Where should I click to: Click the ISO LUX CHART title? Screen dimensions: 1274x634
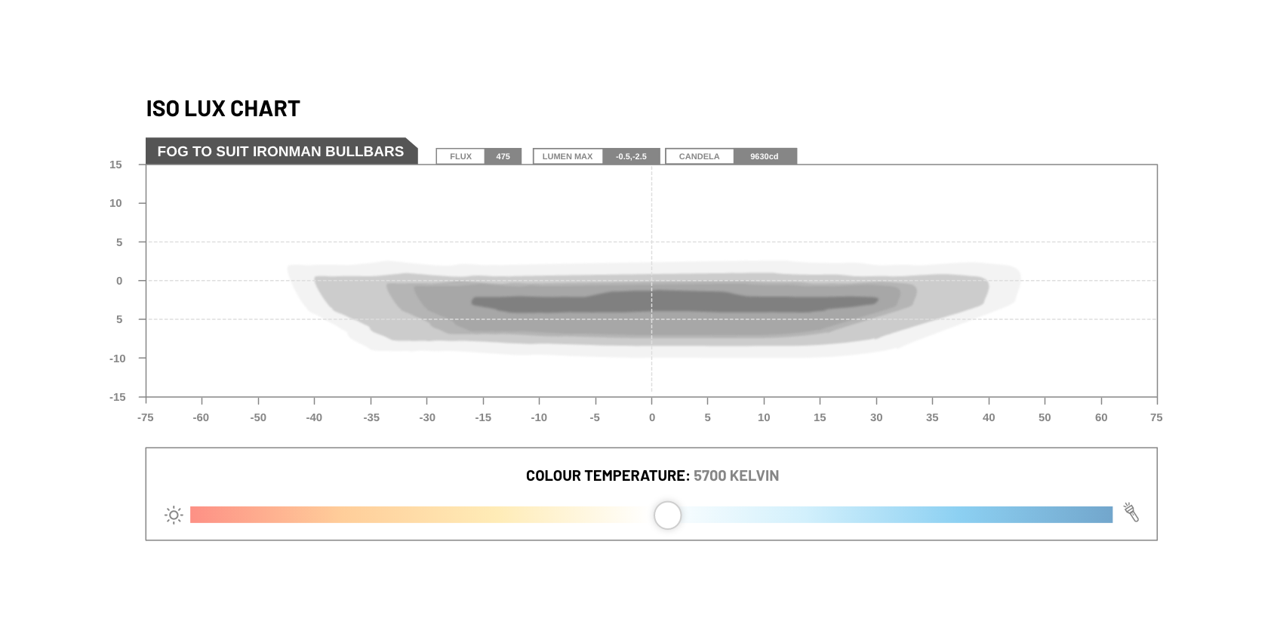click(x=223, y=109)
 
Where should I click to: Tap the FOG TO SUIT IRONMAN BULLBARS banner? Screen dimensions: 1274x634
click(x=281, y=151)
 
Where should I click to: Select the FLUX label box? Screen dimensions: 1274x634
click(x=460, y=156)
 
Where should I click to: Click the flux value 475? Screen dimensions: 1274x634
click(x=503, y=156)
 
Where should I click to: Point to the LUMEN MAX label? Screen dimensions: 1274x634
click(x=568, y=156)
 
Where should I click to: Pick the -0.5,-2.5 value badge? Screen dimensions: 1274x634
click(x=631, y=156)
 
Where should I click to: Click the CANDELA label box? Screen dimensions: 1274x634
click(x=700, y=156)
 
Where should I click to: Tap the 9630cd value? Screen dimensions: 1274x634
click(x=765, y=156)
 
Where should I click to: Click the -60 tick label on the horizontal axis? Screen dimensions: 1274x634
click(x=201, y=418)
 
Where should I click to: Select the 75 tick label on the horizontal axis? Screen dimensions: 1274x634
click(x=1156, y=418)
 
